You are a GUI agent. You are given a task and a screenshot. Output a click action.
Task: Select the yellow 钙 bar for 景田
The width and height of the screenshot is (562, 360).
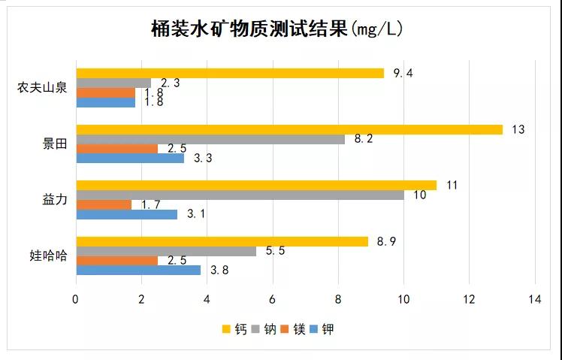(x=289, y=129)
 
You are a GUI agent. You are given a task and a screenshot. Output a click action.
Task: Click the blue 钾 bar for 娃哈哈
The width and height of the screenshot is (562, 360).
(x=138, y=270)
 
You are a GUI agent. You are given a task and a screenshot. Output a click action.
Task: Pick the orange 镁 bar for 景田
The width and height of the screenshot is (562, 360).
(x=117, y=149)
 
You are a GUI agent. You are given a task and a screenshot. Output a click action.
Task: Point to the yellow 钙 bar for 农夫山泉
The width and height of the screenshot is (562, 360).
(x=230, y=73)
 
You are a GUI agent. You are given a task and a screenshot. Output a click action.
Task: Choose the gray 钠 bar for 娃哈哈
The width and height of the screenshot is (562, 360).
(x=166, y=251)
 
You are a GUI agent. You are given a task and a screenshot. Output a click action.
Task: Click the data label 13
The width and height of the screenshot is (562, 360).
(x=518, y=129)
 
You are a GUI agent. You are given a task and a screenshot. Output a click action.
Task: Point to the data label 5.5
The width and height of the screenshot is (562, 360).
(x=276, y=251)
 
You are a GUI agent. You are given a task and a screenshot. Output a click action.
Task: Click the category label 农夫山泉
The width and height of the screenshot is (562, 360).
(x=43, y=87)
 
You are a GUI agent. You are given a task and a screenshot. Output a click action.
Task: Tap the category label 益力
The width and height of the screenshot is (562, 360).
(x=55, y=200)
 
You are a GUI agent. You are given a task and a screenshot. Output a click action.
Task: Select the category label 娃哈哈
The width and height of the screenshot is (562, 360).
(x=49, y=256)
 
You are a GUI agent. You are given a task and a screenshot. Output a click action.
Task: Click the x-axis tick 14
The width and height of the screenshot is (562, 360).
(x=535, y=299)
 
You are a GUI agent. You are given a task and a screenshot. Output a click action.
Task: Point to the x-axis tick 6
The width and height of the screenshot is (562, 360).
(x=272, y=299)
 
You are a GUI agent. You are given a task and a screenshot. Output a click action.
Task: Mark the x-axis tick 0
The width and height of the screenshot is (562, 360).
(x=76, y=299)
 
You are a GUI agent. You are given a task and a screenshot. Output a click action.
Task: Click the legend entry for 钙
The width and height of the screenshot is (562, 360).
(x=235, y=329)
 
